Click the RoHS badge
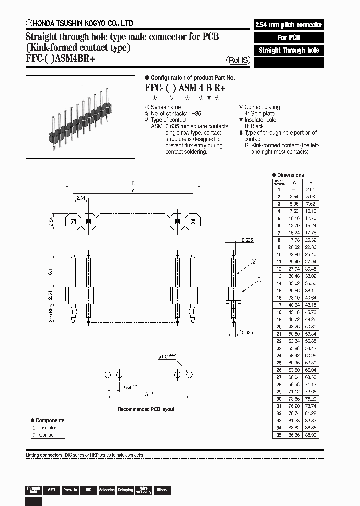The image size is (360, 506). pos(239,60)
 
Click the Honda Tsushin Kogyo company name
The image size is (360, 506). pos(84,23)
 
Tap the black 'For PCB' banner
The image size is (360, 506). pos(289,37)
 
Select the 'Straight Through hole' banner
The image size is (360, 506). pos(289,50)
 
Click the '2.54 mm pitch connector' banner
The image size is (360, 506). pos(289,25)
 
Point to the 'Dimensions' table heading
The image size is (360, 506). pos(290,175)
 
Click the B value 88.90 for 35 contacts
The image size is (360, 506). pos(311,435)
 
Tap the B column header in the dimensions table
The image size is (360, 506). pos(311,182)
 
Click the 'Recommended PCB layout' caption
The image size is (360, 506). pos(146,409)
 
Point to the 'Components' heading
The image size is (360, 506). pos(50,421)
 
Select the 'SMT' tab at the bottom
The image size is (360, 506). pos(51,490)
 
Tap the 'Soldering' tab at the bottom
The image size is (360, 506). pos(107,490)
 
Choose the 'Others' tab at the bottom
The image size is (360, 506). pos(162,490)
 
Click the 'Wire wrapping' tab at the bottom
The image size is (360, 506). pos(143,490)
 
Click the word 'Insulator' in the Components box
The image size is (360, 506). pos(48,428)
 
